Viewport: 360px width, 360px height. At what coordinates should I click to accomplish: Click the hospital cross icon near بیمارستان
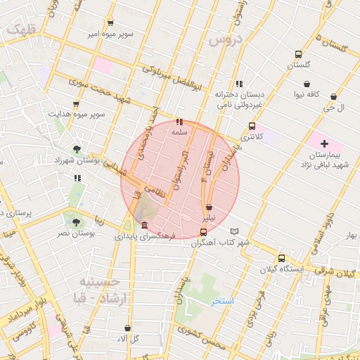(324, 143)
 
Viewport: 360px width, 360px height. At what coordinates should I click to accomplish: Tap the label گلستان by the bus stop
(298, 65)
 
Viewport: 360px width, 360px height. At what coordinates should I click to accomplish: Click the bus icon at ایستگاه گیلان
(281, 258)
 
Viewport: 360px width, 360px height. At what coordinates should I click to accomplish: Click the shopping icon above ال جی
(333, 97)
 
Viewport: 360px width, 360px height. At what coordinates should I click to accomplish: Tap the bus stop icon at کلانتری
(252, 127)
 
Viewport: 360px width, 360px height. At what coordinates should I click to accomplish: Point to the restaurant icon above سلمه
(179, 122)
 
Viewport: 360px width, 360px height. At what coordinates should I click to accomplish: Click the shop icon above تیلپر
(210, 207)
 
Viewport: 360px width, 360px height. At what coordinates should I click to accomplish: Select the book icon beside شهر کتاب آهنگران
(234, 231)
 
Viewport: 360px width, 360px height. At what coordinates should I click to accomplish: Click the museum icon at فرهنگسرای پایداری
(144, 225)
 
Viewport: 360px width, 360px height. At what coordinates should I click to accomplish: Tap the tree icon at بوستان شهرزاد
(76, 149)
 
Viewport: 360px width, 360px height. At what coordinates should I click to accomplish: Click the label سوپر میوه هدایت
(77, 113)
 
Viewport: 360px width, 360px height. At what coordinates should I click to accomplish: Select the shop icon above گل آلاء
(127, 328)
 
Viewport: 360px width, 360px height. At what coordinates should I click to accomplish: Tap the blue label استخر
(223, 301)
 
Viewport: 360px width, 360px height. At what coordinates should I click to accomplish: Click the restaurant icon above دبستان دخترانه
(239, 84)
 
